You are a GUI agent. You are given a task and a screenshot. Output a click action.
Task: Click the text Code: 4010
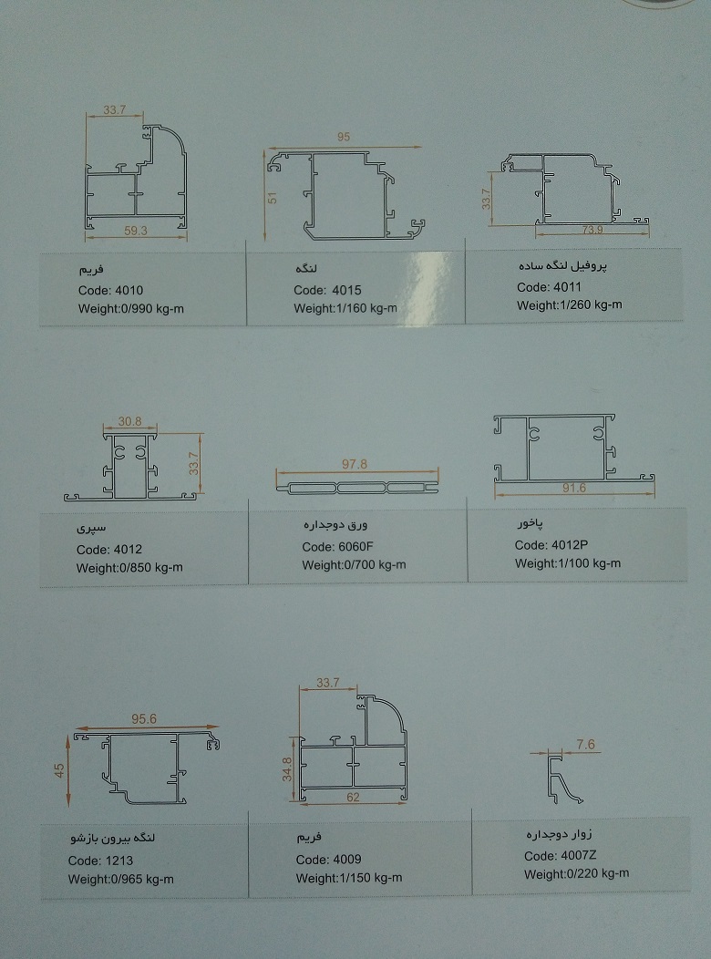click(110, 291)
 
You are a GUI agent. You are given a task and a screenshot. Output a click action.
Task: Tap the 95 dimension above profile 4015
click(344, 138)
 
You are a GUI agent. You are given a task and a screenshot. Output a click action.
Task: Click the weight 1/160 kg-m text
click(345, 308)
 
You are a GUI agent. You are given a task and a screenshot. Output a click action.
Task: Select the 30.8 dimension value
click(129, 422)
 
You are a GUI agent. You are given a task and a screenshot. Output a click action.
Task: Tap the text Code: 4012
click(109, 550)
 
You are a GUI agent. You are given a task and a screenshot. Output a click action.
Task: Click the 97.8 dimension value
click(355, 464)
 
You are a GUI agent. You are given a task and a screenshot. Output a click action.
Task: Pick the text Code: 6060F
click(338, 547)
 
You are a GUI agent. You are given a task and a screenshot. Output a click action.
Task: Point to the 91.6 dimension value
click(574, 489)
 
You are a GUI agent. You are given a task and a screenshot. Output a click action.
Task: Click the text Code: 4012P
click(551, 545)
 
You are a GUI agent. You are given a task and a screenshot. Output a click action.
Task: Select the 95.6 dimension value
click(144, 719)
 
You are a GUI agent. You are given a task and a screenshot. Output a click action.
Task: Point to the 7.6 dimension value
click(585, 745)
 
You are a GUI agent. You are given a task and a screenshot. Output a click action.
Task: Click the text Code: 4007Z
click(559, 855)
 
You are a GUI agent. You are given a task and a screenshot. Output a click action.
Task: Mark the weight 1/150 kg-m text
click(348, 878)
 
